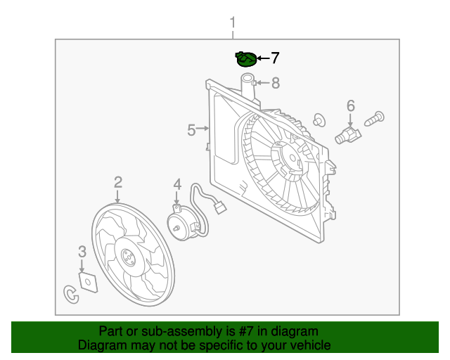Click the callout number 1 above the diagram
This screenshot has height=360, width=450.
pos(233,22)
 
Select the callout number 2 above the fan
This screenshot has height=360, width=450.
pos(118,182)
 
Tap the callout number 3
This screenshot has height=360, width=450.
pos(82,252)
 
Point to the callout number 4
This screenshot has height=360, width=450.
pos(177,184)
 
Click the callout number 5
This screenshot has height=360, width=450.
pos(191,130)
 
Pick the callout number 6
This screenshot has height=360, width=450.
pos(351,105)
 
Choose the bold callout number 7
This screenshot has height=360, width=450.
pos(275,58)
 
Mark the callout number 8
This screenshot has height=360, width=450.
pos(276,83)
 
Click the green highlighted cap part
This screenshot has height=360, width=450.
pos(245,59)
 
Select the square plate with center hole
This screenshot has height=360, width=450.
pos(88,282)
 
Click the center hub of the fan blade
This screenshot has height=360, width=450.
pos(128,257)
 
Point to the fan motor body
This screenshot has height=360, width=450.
pos(182,224)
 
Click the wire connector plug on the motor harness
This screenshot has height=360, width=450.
pos(220,207)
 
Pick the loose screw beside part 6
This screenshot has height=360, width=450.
pos(374,119)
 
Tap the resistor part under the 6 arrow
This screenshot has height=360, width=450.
pos(348,135)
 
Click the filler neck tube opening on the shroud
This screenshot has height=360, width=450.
pos(247,77)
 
